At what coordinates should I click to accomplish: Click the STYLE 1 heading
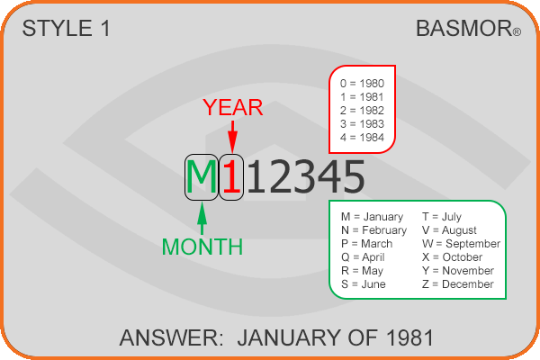[x=66, y=28]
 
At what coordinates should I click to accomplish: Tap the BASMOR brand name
[x=464, y=28]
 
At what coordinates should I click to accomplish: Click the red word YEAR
[x=233, y=107]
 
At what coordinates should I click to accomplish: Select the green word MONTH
[x=202, y=247]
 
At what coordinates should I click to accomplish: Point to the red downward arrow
[x=233, y=137]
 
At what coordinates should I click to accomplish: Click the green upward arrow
[x=202, y=219]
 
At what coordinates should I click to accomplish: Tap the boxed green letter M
[x=202, y=177]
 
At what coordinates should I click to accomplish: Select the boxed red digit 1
[x=231, y=177]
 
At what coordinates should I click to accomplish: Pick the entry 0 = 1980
[x=362, y=84]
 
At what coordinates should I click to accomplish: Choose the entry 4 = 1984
[x=362, y=138]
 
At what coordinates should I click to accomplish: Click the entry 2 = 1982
[x=362, y=110]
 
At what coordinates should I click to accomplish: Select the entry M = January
[x=372, y=217]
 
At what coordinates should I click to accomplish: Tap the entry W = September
[x=461, y=244]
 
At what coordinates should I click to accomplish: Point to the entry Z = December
[x=458, y=284]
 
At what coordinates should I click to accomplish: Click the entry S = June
[x=364, y=284]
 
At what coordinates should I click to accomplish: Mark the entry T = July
[x=442, y=217]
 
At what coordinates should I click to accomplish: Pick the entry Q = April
[x=363, y=257]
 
